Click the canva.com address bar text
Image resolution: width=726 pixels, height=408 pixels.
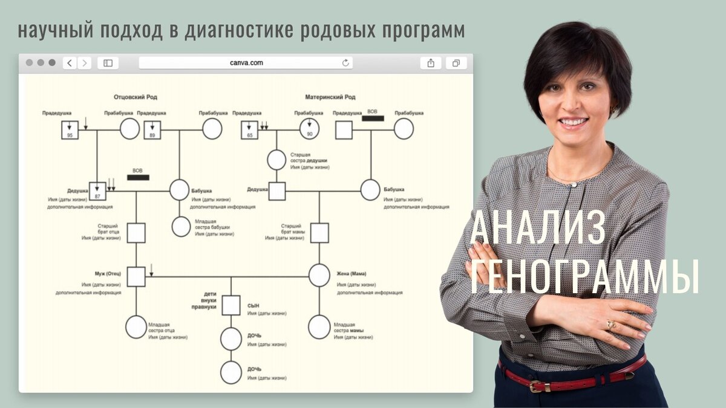(x=246, y=63)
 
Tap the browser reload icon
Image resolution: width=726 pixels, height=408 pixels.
(x=346, y=63)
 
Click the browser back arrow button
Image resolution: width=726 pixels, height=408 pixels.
(x=70, y=63)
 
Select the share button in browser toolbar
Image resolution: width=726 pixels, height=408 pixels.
(x=431, y=63)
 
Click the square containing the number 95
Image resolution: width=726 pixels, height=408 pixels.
(x=70, y=129)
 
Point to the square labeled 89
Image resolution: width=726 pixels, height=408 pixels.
(x=152, y=129)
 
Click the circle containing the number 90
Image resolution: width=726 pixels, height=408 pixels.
(x=309, y=129)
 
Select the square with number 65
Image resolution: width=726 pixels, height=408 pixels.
(x=250, y=129)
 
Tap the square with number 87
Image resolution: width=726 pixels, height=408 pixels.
(x=97, y=190)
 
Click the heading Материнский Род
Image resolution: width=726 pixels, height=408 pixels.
(x=331, y=97)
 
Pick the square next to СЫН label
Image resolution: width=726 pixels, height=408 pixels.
(x=231, y=305)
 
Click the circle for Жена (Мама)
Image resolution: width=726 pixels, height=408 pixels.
(x=319, y=275)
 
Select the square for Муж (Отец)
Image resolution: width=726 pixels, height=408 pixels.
(x=136, y=276)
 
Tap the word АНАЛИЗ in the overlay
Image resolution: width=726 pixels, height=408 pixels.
(x=537, y=229)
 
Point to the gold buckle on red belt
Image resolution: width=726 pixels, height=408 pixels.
(x=537, y=386)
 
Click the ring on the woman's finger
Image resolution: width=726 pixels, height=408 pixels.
(x=611, y=325)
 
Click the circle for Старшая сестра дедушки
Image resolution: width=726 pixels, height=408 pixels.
(x=276, y=160)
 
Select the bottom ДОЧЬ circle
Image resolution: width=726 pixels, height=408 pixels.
(x=231, y=372)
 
